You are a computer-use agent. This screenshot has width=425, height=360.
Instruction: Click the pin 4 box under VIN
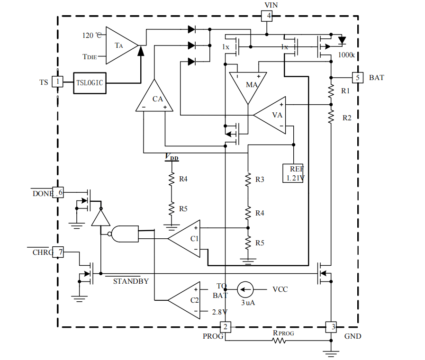[268, 16]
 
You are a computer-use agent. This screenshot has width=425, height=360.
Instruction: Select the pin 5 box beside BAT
[358, 77]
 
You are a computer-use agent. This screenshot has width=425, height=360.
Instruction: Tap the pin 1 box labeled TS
[58, 82]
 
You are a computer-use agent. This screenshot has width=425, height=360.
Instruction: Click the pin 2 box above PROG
[226, 326]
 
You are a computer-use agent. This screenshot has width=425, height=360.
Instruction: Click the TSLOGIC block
[90, 82]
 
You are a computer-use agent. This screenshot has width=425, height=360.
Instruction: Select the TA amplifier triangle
[119, 45]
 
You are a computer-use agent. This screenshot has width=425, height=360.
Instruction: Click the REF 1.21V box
[295, 173]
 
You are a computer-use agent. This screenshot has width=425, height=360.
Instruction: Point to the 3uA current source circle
[245, 288]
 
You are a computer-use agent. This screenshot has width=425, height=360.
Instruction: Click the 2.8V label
[219, 312]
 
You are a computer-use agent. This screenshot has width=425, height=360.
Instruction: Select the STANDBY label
[131, 281]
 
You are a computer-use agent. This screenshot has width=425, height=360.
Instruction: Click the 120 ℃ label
[91, 35]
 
